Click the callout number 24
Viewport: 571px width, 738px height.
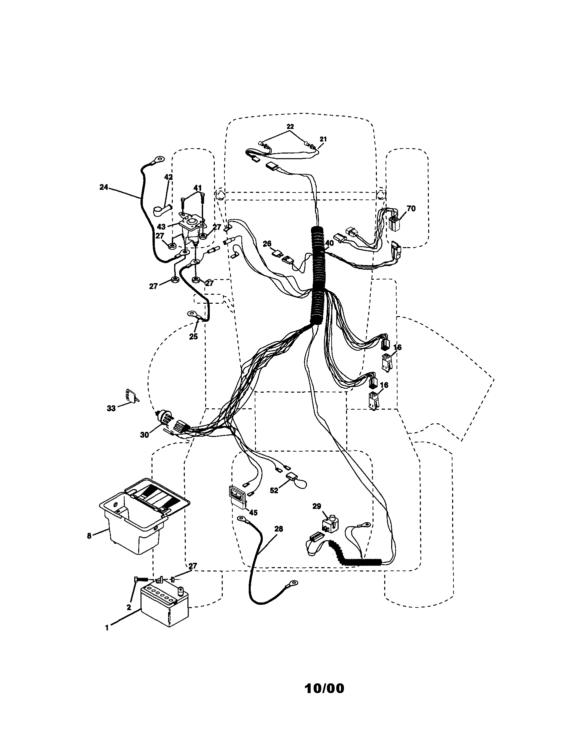coord(104,187)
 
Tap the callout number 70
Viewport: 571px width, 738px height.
coord(411,209)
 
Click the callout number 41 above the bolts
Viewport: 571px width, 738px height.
coord(197,188)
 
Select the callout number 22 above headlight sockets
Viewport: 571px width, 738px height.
coord(290,126)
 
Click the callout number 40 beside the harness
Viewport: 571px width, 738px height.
coord(329,243)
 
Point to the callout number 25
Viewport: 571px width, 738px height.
coord(193,337)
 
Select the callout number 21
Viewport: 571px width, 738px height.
coord(323,139)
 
